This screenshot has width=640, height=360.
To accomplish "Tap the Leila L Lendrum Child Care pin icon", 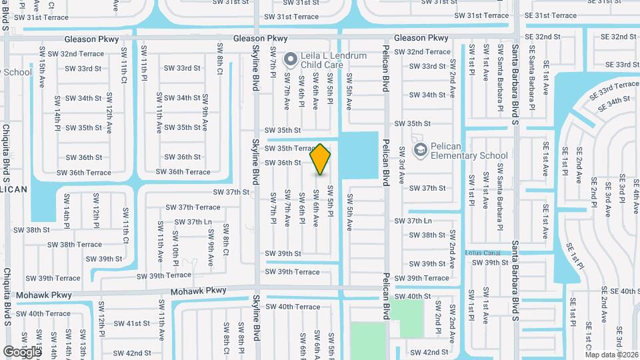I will [x=290, y=61].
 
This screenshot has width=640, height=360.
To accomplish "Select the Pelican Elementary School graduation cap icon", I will [x=419, y=151].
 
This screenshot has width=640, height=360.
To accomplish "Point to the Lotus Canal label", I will [x=483, y=253].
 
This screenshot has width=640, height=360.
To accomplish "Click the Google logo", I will [x=21, y=351].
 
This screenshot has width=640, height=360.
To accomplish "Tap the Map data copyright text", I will [x=611, y=355].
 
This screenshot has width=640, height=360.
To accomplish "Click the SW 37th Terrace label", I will [x=193, y=207].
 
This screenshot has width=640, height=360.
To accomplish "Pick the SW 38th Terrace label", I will [x=80, y=245].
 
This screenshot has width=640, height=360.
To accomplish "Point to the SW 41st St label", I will [x=131, y=323].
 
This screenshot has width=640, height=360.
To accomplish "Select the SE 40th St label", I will [x=620, y=291].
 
